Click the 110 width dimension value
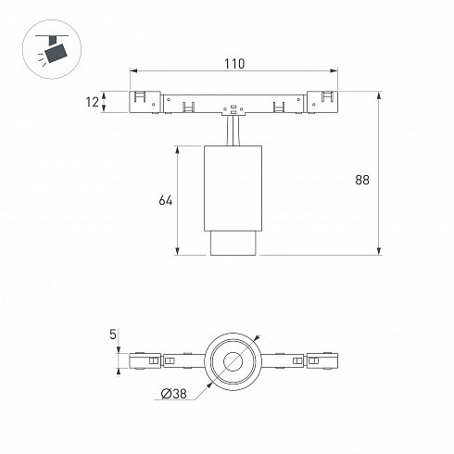[x=234, y=64]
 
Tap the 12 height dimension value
[x=92, y=102]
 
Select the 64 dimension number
[x=166, y=200]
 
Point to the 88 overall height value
[x=362, y=180]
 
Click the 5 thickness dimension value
[x=113, y=334]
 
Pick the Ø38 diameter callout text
[x=174, y=394]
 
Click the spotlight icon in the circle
[x=52, y=49]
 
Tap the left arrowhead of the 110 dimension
[x=133, y=70]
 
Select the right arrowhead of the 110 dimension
[x=334, y=70]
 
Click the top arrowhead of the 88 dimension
[x=379, y=95]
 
